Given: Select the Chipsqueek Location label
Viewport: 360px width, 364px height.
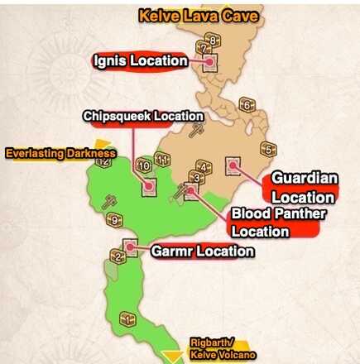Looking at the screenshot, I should [142, 117].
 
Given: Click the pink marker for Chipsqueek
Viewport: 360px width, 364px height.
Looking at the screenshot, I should [149, 186].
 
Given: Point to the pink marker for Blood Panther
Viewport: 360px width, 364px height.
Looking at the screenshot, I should [192, 190].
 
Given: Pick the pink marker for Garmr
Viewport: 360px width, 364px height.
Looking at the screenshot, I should [129, 246].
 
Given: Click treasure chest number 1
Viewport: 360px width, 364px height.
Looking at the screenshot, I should [127, 318].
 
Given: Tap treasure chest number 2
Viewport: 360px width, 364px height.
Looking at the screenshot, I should [118, 257].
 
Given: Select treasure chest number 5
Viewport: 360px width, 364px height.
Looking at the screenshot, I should [267, 150].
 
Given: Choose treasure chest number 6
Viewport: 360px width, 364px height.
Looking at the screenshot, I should [245, 105].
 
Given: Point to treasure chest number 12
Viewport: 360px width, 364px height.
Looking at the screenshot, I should [104, 161].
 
